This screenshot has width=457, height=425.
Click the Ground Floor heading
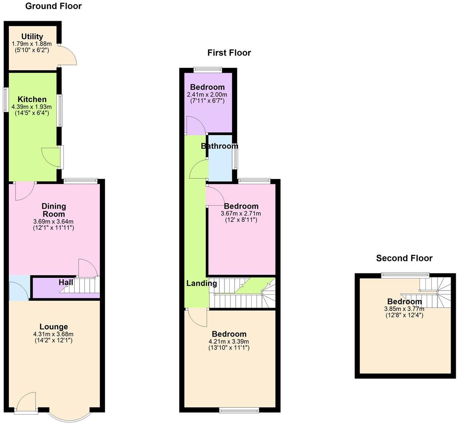[x=53, y=6]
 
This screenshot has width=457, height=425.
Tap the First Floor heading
[x=229, y=53]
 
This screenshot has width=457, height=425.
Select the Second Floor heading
[x=404, y=258]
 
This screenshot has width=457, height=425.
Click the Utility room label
[x=32, y=37]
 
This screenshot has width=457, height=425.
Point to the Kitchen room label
[x=32, y=99]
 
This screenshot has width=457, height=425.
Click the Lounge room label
[x=54, y=327]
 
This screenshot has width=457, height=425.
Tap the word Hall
[x=66, y=283]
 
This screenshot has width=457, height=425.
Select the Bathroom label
[x=219, y=146]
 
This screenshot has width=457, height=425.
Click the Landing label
[x=202, y=283]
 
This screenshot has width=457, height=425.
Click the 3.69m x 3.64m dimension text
[x=54, y=221]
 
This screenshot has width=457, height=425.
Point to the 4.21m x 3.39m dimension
[x=229, y=342]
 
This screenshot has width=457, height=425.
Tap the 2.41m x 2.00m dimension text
[x=207, y=95]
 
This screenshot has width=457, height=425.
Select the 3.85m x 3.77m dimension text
[x=404, y=309]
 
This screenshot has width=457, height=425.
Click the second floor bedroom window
[x=405, y=274]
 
